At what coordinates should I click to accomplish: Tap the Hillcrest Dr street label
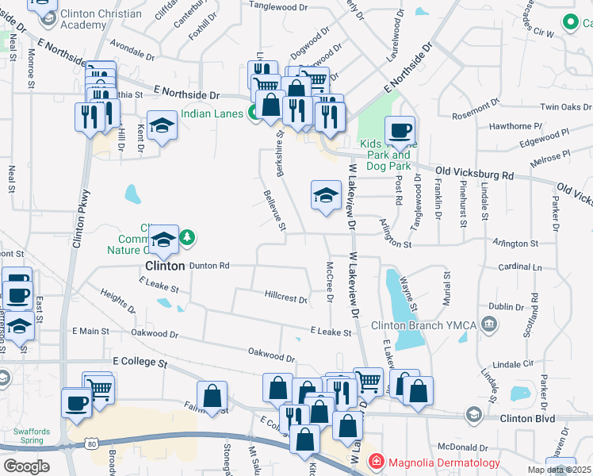point(286,298)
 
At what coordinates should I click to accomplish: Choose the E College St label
point(140,362)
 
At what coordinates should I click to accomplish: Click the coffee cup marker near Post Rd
point(400,129)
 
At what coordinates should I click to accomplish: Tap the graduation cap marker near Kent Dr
point(163,125)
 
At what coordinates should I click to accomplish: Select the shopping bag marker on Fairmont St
point(212,395)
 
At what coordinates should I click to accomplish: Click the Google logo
point(26,466)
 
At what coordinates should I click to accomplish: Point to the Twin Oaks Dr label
point(565,107)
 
